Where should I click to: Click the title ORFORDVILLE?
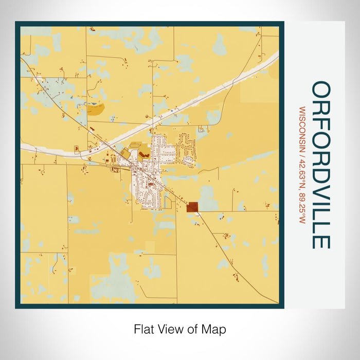point(321,165)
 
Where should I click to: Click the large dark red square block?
point(192,207)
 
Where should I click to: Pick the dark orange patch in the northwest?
point(95,109)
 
